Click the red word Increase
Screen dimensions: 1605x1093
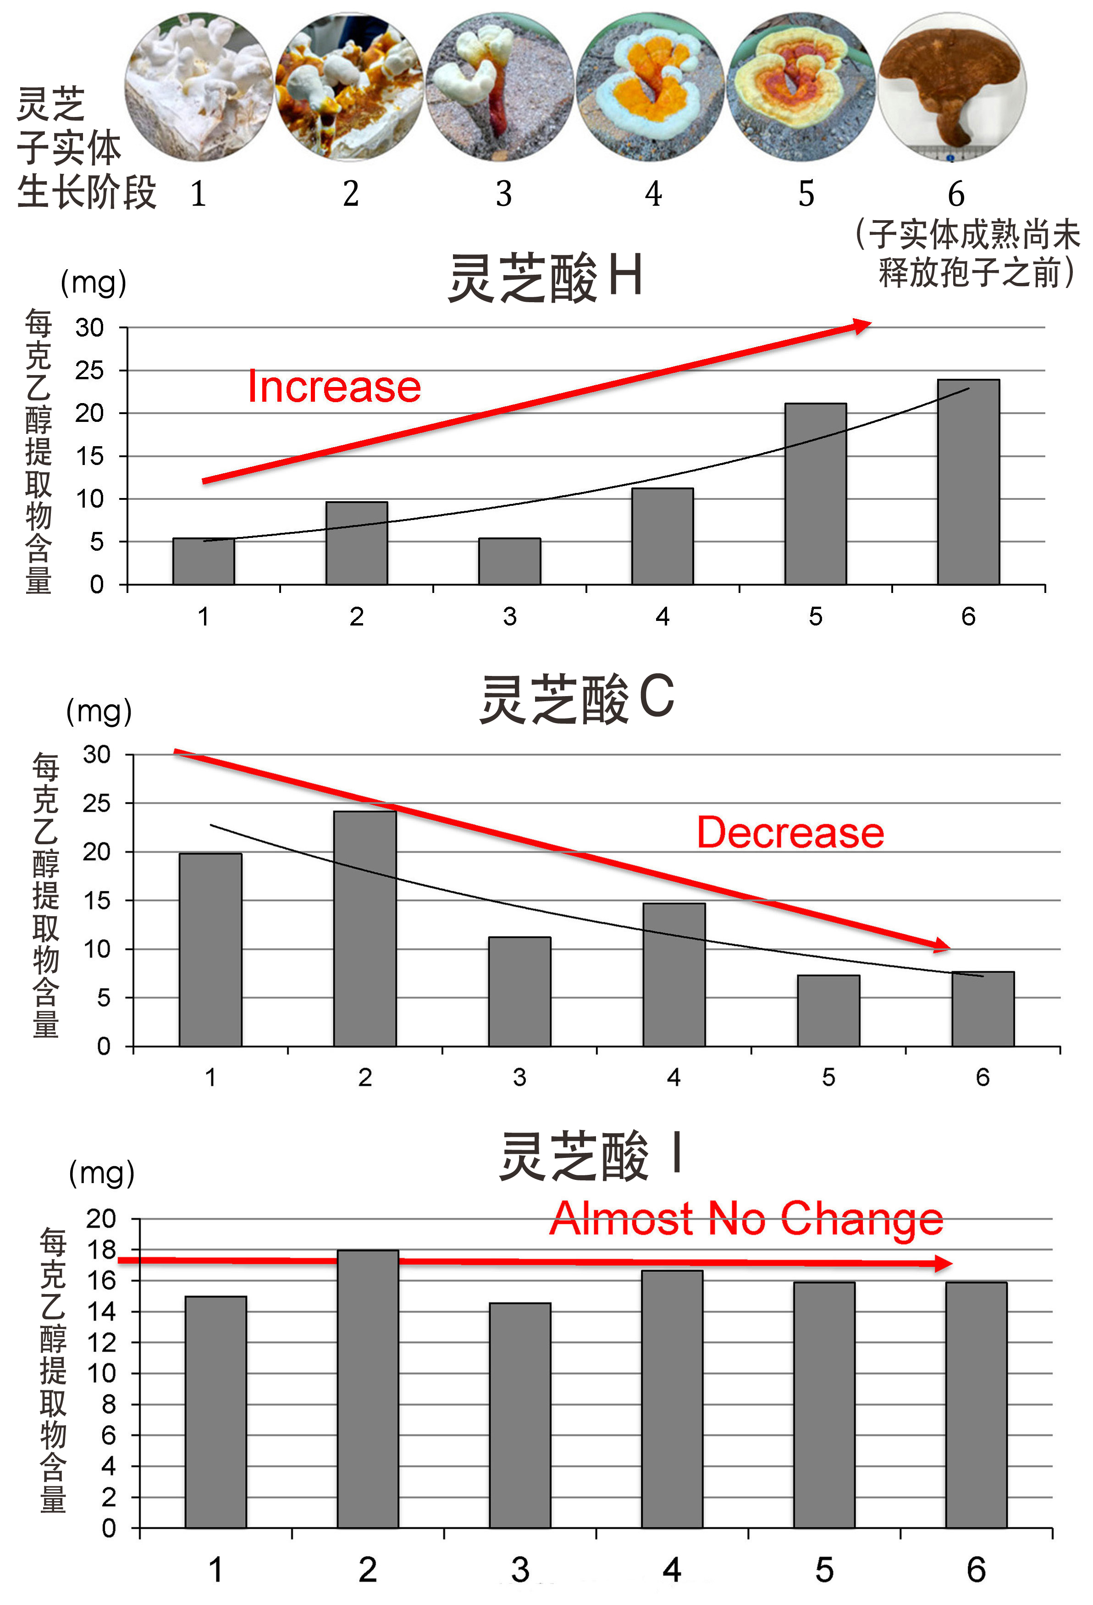334,386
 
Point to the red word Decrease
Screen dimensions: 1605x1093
790,832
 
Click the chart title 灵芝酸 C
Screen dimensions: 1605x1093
577,699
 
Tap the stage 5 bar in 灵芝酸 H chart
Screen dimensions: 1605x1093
816,494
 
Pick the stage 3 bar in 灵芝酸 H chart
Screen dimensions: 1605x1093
509,561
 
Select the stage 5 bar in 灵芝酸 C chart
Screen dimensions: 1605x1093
828,1010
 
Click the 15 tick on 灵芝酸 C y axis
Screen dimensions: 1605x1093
97,901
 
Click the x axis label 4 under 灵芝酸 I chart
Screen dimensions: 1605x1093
672,1571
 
